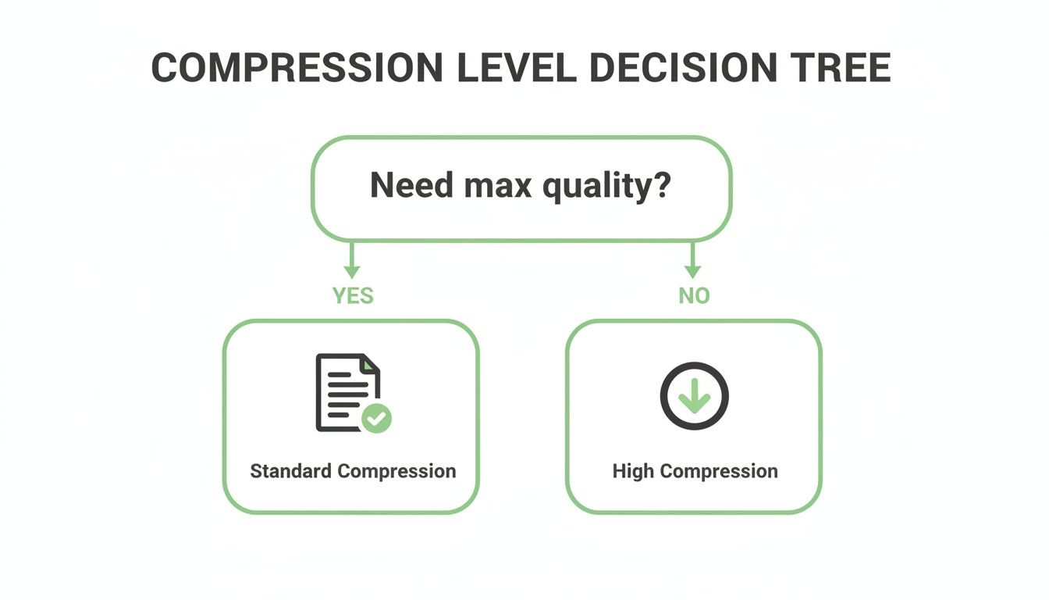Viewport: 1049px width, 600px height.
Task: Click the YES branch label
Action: [353, 296]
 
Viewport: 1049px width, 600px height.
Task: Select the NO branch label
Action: [693, 296]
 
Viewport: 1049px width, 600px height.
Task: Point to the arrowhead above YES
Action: [352, 271]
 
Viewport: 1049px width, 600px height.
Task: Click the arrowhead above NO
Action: [692, 271]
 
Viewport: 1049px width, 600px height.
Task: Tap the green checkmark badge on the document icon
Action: [378, 419]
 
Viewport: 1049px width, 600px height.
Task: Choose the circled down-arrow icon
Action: [694, 395]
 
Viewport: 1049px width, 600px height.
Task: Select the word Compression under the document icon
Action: [396, 472]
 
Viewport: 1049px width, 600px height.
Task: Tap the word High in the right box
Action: [633, 471]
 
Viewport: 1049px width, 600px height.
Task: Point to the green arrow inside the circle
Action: [694, 399]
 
